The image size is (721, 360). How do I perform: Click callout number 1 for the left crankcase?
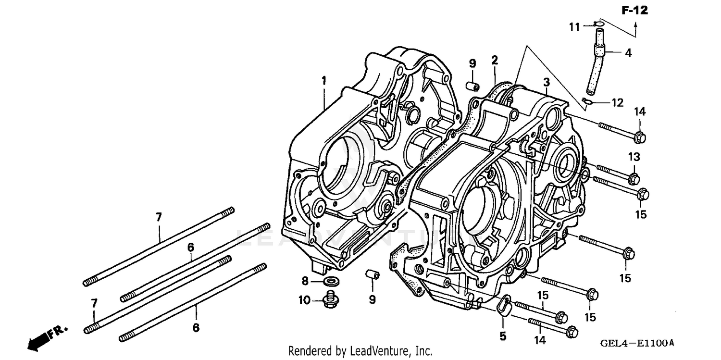(x=324, y=80)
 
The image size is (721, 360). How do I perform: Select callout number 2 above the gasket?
(x=495, y=60)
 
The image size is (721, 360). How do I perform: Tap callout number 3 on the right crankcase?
(x=533, y=83)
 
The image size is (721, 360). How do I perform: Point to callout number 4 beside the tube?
(x=628, y=53)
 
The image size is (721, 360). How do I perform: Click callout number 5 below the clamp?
(x=503, y=336)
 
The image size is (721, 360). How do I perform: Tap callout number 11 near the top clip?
(x=575, y=27)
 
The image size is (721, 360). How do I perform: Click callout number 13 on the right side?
(x=634, y=157)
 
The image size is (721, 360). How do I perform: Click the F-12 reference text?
(x=634, y=10)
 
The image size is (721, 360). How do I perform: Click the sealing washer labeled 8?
(x=331, y=281)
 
